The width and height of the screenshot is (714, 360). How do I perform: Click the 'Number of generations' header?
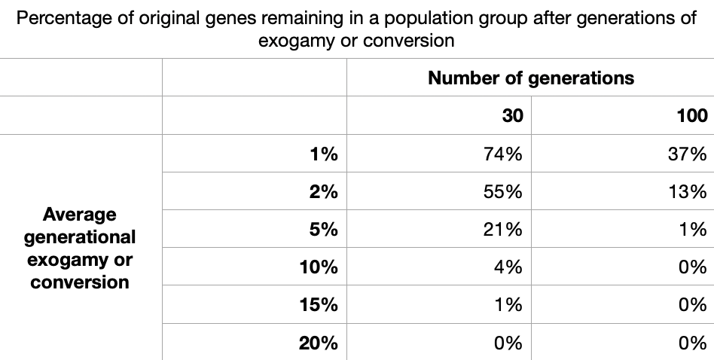tap(531, 78)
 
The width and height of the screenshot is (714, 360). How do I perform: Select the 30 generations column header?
tap(512, 115)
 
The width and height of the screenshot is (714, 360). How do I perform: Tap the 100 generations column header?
tap(692, 115)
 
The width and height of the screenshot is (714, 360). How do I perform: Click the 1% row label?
tap(324, 154)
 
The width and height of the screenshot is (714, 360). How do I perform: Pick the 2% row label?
tap(324, 191)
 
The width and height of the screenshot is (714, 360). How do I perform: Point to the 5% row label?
tap(324, 229)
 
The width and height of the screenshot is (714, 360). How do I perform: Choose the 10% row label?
tap(319, 267)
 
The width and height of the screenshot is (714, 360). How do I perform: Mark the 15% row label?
tap(319, 304)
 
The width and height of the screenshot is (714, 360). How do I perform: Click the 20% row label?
tap(319, 343)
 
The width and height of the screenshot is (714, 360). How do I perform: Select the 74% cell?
tap(503, 154)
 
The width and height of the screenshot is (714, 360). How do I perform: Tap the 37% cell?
tap(688, 154)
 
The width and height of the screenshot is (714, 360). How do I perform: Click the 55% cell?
tap(503, 191)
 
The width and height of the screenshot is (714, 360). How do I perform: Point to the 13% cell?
tap(688, 191)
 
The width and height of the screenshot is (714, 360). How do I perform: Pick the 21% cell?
tap(503, 229)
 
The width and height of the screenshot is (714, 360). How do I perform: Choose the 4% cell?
tap(508, 267)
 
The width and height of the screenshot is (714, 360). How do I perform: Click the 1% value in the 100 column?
tap(693, 229)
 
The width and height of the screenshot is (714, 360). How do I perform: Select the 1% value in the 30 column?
tap(508, 304)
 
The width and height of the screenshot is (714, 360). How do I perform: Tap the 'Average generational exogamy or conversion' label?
tap(80, 248)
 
